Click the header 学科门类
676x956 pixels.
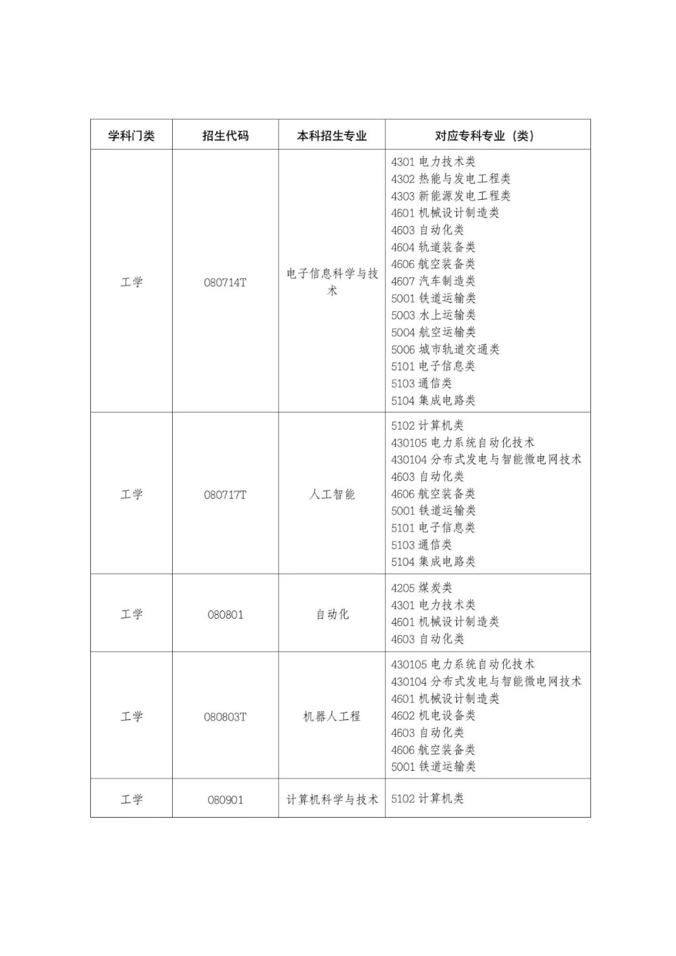(x=131, y=135)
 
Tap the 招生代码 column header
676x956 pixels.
(x=225, y=135)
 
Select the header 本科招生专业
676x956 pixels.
(x=332, y=135)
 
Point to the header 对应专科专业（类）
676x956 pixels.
(x=487, y=135)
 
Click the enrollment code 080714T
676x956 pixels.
(x=225, y=282)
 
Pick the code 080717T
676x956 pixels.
(x=225, y=495)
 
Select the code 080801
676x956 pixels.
(x=225, y=614)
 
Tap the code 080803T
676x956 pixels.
(x=225, y=717)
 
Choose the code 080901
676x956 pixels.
(x=225, y=799)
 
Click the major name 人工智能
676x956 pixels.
(x=332, y=495)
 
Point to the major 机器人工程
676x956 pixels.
(x=332, y=717)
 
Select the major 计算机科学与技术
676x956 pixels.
(x=332, y=799)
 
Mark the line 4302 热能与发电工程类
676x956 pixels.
(x=451, y=179)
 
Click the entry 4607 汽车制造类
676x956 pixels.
(x=433, y=281)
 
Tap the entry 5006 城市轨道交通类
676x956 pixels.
(x=445, y=349)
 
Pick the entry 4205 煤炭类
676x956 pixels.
(x=421, y=588)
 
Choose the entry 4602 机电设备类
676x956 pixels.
(x=433, y=716)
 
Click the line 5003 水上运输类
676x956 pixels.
(x=433, y=315)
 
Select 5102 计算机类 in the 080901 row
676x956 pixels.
(x=428, y=798)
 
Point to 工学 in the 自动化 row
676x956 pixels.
(x=131, y=614)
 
